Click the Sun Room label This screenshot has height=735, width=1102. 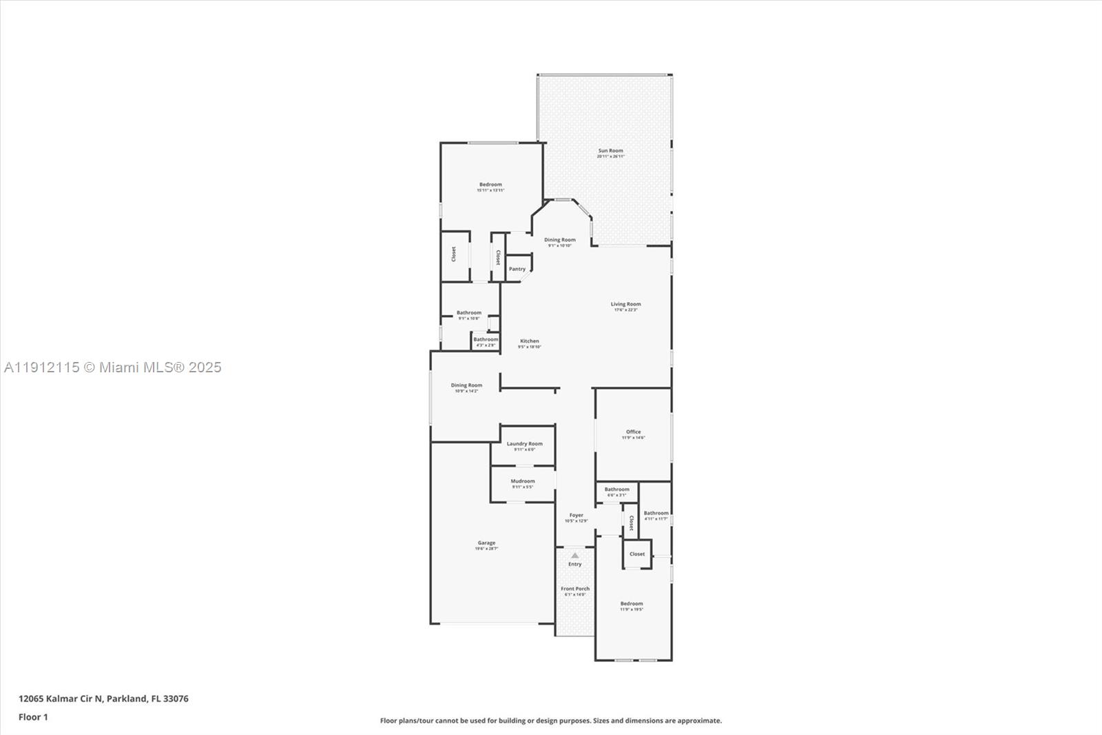tap(610, 151)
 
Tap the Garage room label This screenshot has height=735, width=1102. tap(486, 543)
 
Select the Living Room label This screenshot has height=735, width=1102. tap(625, 304)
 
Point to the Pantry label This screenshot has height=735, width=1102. tap(517, 269)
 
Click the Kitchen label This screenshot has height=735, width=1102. tap(529, 341)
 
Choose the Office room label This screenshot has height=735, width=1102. tap(633, 432)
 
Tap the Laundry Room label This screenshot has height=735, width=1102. tap(524, 444)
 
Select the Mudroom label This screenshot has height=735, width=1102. tap(522, 481)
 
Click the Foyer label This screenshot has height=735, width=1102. tap(576, 515)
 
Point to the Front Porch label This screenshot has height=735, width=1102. tap(574, 589)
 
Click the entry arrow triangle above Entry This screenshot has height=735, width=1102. tap(574, 555)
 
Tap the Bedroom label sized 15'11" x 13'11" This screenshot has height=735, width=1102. tap(490, 185)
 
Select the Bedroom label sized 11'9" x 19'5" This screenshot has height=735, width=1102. tap(631, 604)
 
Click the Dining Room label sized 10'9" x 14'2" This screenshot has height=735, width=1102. tap(466, 385)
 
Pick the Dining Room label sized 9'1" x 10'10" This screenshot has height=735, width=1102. tap(559, 240)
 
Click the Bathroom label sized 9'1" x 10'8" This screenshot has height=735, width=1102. tap(468, 313)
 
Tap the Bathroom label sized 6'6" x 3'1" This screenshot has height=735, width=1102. tap(616, 490)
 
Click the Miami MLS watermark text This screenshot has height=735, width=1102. tap(113, 367)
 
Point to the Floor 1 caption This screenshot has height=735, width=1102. tap(33, 717)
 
